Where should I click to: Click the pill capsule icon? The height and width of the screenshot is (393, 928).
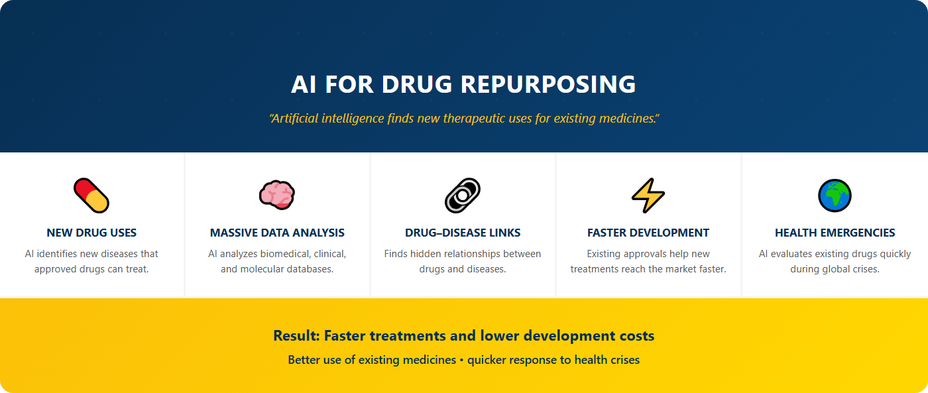point(91,196)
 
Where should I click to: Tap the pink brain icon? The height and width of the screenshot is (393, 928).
point(277,196)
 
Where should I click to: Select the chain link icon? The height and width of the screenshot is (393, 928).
point(463,196)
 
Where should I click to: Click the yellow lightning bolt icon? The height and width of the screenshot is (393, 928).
point(648,196)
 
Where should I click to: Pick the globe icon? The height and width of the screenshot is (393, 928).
point(835,196)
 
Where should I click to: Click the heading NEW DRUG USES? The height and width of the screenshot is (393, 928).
point(91,233)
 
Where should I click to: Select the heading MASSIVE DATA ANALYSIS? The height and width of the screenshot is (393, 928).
point(277,233)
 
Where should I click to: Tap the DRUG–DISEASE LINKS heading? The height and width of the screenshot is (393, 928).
point(463,233)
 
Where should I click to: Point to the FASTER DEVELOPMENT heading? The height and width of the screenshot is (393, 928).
point(648,233)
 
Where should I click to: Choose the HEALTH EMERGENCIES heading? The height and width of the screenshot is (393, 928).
point(835,233)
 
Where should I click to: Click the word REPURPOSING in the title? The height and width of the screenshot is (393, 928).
point(548,84)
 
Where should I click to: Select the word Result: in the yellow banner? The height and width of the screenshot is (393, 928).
point(296,336)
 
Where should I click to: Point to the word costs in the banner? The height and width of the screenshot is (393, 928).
point(636,336)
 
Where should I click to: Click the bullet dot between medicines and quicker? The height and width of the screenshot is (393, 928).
point(461,361)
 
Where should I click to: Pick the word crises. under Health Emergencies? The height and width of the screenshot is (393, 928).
point(864,269)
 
